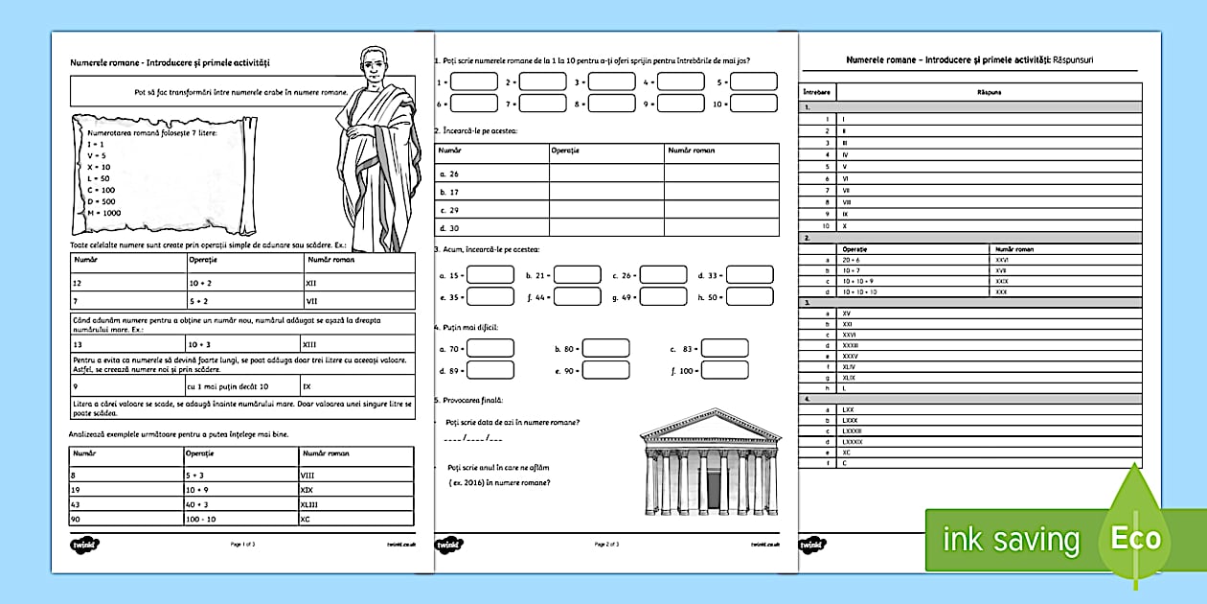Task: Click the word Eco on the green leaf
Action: [1135, 538]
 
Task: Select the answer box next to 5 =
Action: [754, 81]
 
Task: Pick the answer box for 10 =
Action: [754, 103]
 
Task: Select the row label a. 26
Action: [448, 174]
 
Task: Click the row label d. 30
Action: [448, 227]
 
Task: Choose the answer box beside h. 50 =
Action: [750, 297]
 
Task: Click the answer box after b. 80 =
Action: [606, 348]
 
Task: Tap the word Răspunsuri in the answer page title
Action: [1072, 59]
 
